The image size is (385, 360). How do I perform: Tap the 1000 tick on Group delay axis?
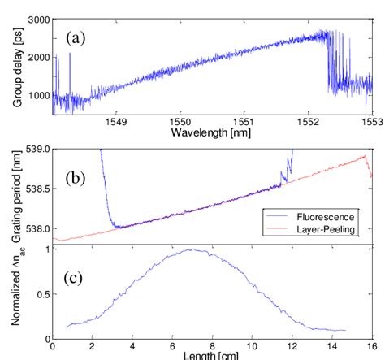[x=36, y=96]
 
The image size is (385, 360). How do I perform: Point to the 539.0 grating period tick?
[x=33, y=150]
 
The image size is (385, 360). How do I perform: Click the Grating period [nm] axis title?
[x=11, y=195]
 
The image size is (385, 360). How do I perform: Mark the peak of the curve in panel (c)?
[x=192, y=250]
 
